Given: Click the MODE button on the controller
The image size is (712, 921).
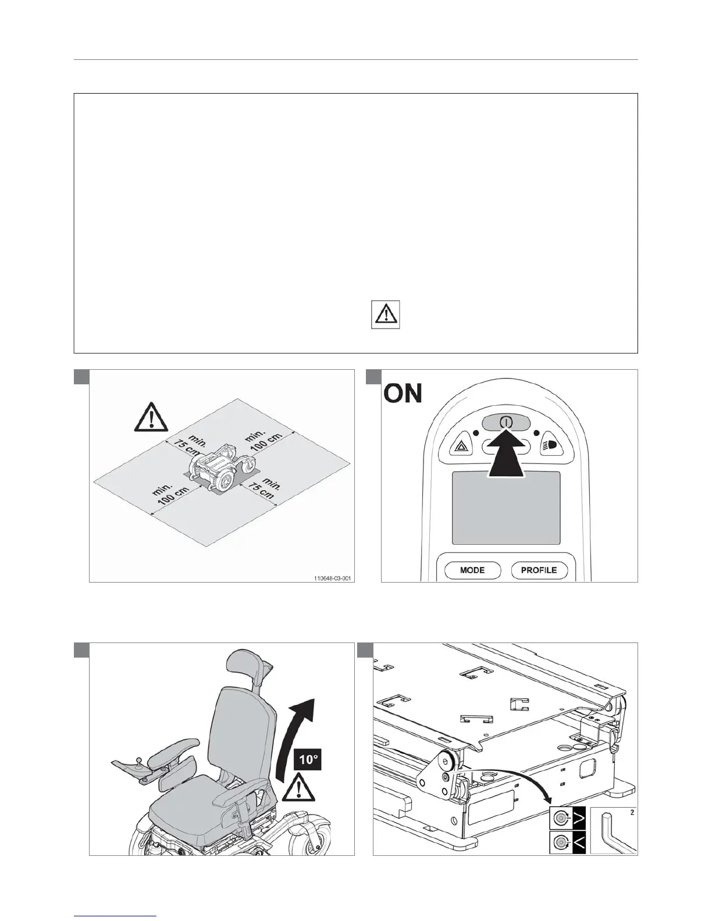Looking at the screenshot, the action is point(472,570).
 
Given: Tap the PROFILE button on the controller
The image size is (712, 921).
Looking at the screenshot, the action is point(539,570).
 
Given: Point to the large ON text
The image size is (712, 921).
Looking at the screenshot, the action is point(403,394).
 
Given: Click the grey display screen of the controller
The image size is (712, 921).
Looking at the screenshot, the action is point(506,508).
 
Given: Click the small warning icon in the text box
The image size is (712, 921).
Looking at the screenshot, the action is point(385,315).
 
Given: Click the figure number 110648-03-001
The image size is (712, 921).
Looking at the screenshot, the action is point(333,579).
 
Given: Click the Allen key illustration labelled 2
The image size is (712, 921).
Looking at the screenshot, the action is point(613,830).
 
